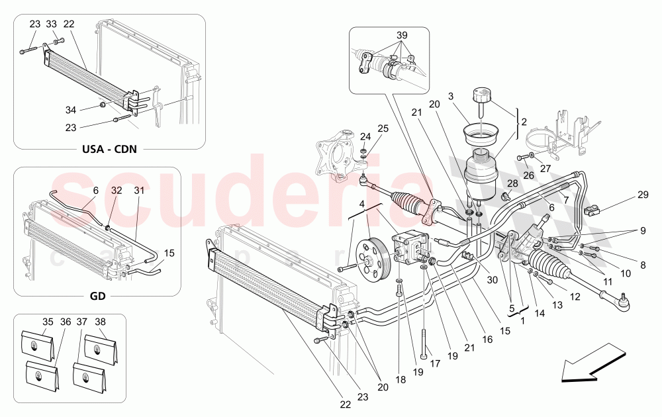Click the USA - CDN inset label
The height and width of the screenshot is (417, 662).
[x=110, y=148]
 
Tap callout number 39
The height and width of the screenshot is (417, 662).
[x=402, y=35]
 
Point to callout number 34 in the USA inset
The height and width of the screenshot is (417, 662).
[x=71, y=109]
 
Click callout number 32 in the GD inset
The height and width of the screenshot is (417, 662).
[x=117, y=190]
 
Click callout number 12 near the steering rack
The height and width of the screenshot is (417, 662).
[x=575, y=297]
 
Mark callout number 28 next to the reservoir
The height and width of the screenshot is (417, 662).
[x=512, y=183]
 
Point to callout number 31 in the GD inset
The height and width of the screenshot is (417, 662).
[x=139, y=190]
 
